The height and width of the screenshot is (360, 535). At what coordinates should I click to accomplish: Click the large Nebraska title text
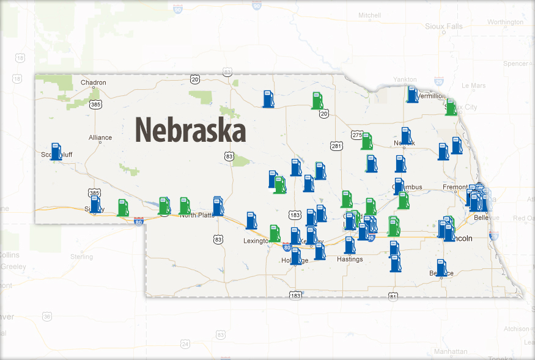[x=190, y=130]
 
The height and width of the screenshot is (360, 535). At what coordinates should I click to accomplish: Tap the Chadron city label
[x=94, y=83]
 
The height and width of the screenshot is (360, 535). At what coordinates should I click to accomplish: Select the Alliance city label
[x=100, y=138]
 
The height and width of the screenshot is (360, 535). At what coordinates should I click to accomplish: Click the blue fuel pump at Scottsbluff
[x=56, y=152]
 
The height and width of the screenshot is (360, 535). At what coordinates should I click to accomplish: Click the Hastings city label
[x=350, y=259]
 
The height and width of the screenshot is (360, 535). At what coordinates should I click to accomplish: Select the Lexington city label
[x=256, y=241]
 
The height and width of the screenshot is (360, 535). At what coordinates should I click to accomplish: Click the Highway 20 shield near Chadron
[x=194, y=79]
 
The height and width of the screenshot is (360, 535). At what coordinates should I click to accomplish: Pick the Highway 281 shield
[x=336, y=145]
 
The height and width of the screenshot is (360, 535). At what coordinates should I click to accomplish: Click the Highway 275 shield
[x=357, y=134]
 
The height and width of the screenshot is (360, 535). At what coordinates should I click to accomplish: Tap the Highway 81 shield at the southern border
[x=393, y=296]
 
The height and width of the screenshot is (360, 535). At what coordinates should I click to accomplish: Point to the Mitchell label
[x=369, y=15]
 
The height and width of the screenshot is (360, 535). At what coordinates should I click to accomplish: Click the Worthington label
[x=506, y=22]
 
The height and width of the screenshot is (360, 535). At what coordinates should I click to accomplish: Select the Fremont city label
[x=456, y=187]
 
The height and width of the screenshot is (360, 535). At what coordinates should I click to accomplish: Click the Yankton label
[x=405, y=79]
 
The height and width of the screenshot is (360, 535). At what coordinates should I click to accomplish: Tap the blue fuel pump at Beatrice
[x=441, y=268]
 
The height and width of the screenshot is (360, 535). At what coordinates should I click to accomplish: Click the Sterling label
[x=81, y=257]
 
